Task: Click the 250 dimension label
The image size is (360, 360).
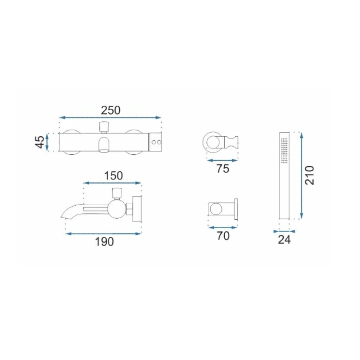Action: click(111, 111)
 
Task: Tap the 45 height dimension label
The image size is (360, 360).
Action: click(40, 142)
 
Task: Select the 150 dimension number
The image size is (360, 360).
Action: click(113, 176)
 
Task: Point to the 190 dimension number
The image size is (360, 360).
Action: click(104, 242)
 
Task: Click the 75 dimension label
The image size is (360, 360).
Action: click(223, 169)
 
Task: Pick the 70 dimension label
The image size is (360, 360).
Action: click(223, 236)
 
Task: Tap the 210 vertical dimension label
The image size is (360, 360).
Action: click(310, 175)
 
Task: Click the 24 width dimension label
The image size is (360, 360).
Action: click(284, 240)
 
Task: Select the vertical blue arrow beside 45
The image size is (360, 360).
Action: click(47, 142)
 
